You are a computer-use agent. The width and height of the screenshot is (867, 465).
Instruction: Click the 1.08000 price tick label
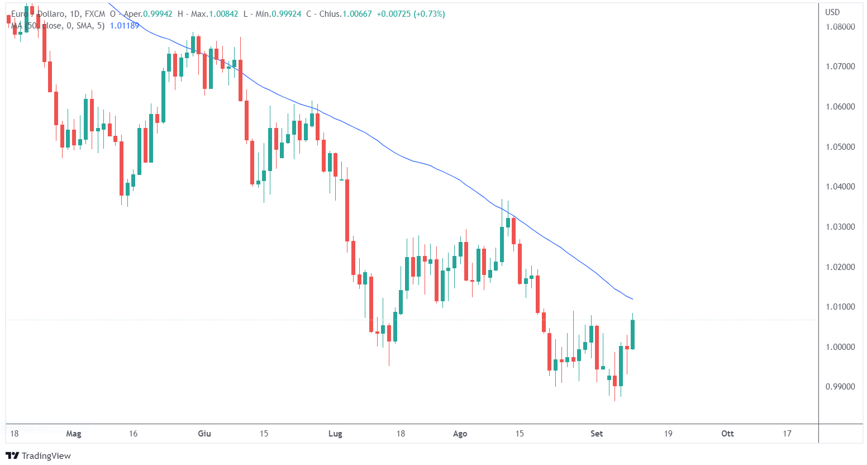pyautogui.click(x=840, y=27)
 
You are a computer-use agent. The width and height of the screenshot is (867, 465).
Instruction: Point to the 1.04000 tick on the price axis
pyautogui.click(x=840, y=187)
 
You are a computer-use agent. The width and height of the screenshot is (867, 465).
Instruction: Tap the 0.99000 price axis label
pyautogui.click(x=840, y=387)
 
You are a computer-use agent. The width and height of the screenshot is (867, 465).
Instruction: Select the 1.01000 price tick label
pyautogui.click(x=840, y=307)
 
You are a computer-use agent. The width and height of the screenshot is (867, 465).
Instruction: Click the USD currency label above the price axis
pyautogui.click(x=832, y=12)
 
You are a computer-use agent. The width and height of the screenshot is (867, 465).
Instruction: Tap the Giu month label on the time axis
pyautogui.click(x=204, y=434)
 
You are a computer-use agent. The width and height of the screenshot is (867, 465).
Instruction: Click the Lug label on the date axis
pyautogui.click(x=335, y=434)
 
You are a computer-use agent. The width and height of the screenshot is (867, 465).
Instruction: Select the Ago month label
pyautogui.click(x=460, y=434)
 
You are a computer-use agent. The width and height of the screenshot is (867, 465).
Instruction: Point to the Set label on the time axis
pyautogui.click(x=597, y=434)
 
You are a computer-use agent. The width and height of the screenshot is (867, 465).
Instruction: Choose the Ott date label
pyautogui.click(x=727, y=434)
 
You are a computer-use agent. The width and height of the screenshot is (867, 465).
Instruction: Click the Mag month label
pyautogui.click(x=74, y=434)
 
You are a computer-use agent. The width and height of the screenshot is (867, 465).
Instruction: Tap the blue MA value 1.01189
pyautogui.click(x=125, y=26)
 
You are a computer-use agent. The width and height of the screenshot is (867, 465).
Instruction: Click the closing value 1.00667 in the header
pyautogui.click(x=357, y=14)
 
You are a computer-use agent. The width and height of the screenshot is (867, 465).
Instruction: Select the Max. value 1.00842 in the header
pyautogui.click(x=223, y=14)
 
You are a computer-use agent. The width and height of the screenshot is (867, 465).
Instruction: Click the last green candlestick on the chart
pyautogui.click(x=633, y=334)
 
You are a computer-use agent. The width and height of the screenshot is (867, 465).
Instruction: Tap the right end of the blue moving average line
pyautogui.click(x=632, y=299)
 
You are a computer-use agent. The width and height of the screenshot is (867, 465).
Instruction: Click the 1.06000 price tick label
pyautogui.click(x=840, y=107)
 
